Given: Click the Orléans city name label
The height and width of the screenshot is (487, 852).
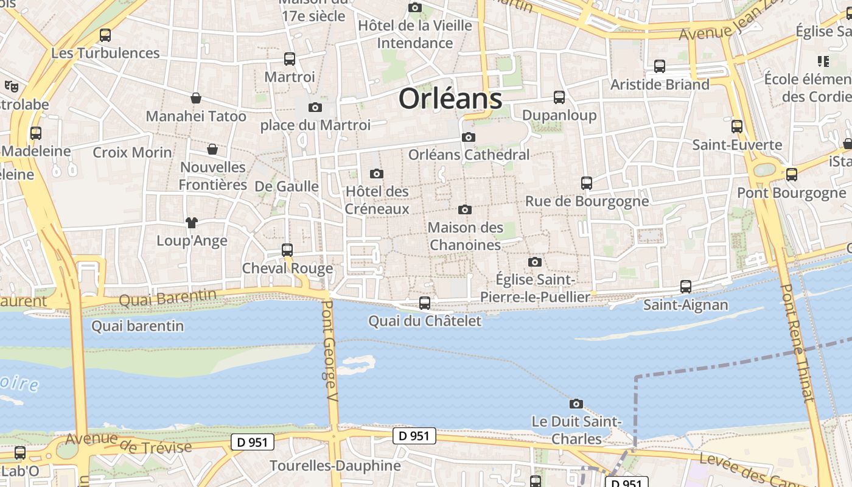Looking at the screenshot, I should [x=450, y=99].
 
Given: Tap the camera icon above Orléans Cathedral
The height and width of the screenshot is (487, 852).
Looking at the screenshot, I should [x=468, y=137].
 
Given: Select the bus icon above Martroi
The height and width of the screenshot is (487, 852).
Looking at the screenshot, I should [x=290, y=59].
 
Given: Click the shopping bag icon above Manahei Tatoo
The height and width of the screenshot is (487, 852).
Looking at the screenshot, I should [x=196, y=98].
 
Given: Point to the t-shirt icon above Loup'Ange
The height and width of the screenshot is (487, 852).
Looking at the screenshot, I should [x=192, y=223].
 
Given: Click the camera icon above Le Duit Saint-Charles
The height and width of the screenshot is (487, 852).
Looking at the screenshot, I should [x=576, y=404].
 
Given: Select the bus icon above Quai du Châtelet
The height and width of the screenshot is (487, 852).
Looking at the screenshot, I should [x=425, y=303].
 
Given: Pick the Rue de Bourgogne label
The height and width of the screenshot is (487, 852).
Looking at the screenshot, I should [x=587, y=201].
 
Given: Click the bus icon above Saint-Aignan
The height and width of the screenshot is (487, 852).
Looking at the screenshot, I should [x=686, y=286].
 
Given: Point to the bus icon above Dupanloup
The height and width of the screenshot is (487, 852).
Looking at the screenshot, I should [x=559, y=97].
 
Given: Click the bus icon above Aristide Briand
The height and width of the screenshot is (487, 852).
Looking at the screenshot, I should [x=660, y=66].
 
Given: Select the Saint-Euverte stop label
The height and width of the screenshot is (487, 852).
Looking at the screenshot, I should [x=737, y=145].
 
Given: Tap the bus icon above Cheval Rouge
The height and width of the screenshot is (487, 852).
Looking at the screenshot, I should [x=287, y=250].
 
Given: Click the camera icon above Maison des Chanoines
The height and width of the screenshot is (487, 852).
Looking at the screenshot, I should [x=465, y=209].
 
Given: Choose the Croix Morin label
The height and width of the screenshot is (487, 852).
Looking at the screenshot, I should [x=132, y=152].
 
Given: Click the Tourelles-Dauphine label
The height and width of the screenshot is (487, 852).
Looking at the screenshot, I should [x=335, y=466].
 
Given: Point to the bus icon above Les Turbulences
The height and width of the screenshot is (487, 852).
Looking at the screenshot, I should [x=105, y=35].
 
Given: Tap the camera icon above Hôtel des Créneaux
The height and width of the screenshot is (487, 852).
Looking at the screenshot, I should [x=377, y=173].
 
